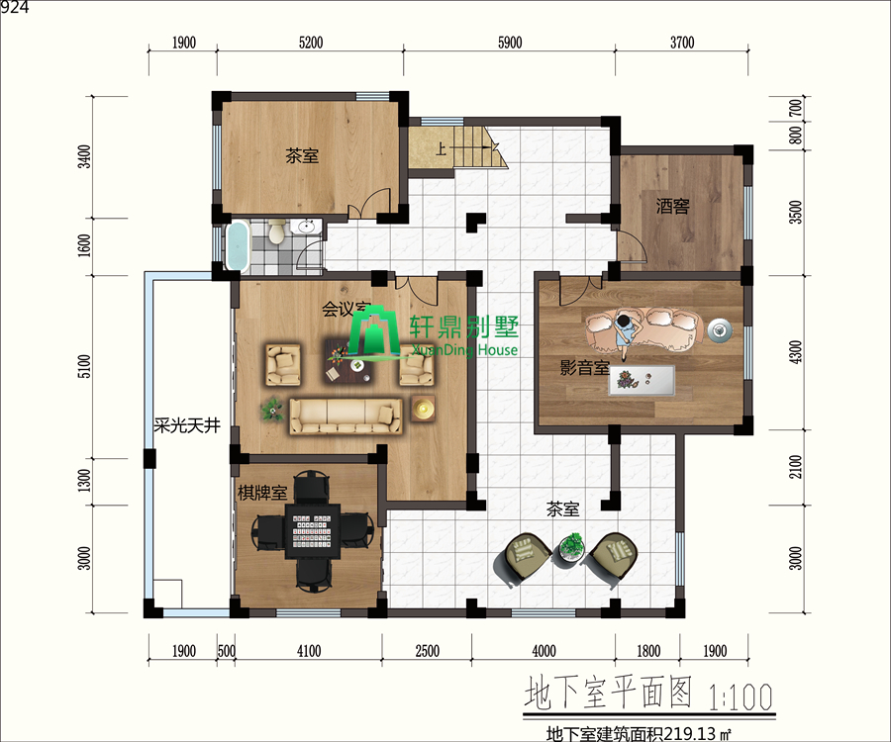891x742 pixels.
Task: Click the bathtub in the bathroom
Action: point(238,246)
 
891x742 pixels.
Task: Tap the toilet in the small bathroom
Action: point(277,232)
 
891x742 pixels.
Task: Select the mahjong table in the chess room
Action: point(311,531)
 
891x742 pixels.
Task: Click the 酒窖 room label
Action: point(673,206)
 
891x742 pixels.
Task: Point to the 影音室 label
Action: point(584,367)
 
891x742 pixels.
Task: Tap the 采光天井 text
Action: point(187,425)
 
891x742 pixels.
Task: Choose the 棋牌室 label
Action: point(262,493)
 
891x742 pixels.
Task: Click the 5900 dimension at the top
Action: point(510,43)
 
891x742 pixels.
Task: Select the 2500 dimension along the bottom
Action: point(427,651)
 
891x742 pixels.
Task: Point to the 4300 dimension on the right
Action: point(796,352)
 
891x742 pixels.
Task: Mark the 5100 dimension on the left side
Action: point(83,366)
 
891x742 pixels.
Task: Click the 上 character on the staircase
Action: point(441,149)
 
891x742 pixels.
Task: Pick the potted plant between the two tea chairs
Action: point(571,546)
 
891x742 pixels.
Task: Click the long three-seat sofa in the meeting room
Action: point(346,417)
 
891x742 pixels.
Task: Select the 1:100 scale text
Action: point(741,696)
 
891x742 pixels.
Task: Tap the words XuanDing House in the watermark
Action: point(465,349)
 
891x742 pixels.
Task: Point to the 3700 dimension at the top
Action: point(682,43)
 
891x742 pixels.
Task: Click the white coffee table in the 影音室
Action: point(642,380)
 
